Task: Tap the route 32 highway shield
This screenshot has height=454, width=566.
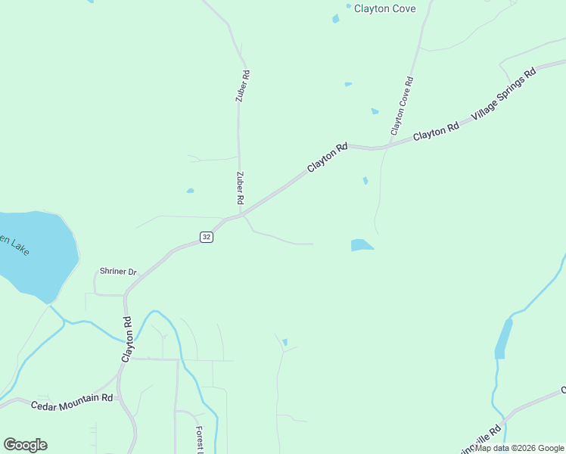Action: point(207,238)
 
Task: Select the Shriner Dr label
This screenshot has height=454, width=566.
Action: point(117,272)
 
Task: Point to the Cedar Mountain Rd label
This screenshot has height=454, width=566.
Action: point(72,402)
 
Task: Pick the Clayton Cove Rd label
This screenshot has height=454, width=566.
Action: point(401,107)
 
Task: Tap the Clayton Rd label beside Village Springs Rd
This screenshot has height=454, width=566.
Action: point(436,132)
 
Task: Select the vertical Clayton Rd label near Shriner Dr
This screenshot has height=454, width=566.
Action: point(128,337)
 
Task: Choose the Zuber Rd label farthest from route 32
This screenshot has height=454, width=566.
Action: point(241,86)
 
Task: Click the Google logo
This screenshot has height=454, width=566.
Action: point(25,445)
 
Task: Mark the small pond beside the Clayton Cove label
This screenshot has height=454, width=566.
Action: point(335,19)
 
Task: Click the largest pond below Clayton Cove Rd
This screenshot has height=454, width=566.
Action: point(361,245)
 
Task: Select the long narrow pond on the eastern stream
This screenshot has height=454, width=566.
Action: point(502,338)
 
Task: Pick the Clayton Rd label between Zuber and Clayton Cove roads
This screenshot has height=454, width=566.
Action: point(327,157)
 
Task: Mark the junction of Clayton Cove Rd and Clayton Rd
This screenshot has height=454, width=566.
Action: point(387,147)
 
